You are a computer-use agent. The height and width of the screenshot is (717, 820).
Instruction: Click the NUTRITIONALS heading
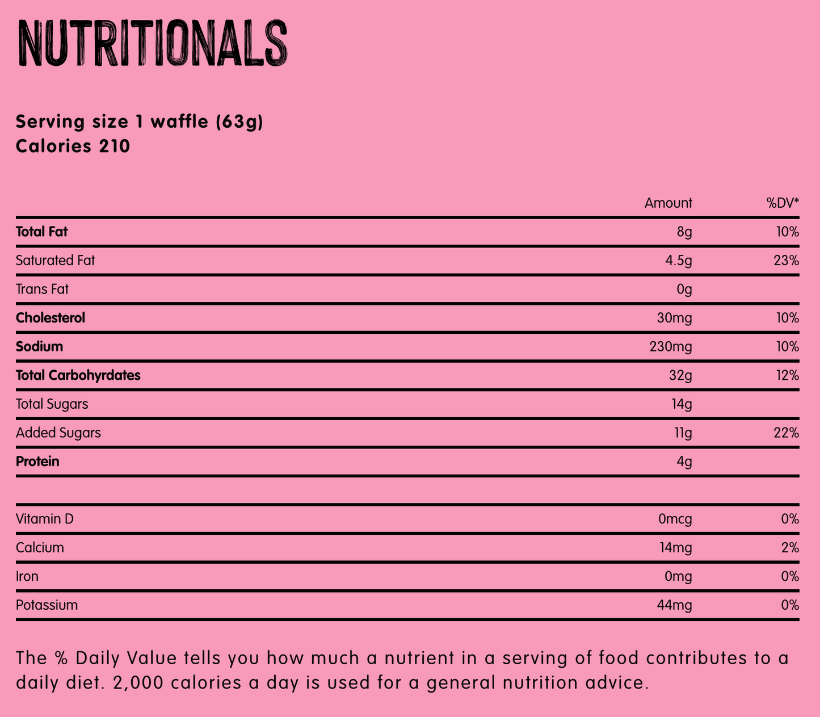[152, 44]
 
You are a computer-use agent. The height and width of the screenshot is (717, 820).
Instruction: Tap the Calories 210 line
[73, 146]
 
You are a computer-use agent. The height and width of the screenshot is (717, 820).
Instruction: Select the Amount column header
[668, 203]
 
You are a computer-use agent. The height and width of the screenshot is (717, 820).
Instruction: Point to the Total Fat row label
[42, 232]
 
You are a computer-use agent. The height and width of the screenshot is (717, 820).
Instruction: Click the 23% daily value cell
[787, 261]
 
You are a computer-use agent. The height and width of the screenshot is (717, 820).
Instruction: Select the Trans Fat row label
[42, 290]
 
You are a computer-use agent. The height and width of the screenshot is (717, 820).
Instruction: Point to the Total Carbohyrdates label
[78, 375]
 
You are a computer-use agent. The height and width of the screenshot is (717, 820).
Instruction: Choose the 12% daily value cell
[787, 375]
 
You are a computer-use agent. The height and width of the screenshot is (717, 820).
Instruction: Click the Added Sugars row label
[58, 433]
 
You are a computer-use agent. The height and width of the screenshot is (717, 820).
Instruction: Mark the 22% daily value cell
[787, 433]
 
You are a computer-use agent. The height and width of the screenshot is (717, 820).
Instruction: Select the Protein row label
[37, 462]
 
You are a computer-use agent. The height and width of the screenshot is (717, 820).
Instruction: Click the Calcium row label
[40, 548]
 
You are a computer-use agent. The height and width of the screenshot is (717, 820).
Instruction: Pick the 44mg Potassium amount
[674, 605]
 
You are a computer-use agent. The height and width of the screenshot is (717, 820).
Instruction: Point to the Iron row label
[27, 577]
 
